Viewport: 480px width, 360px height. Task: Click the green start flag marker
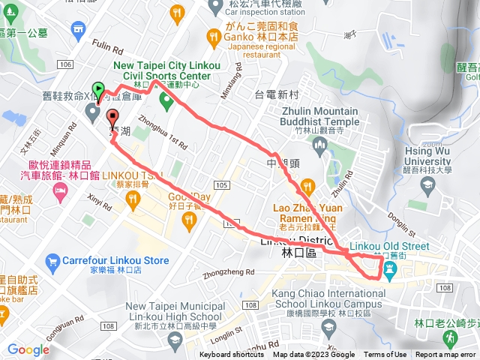pyautogui.click(x=97, y=88)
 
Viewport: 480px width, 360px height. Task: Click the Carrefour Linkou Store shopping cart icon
pyautogui.click(x=52, y=262)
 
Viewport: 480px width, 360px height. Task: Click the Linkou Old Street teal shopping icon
pyautogui.click(x=390, y=270)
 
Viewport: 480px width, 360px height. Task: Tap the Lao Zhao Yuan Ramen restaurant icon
pyautogui.click(x=307, y=186)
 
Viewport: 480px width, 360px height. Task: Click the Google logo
pyautogui.click(x=28, y=349)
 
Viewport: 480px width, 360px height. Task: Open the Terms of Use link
pyautogui.click(x=386, y=355)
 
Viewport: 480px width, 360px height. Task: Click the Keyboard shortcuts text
pyautogui.click(x=232, y=355)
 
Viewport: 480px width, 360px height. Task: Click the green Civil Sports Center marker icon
pyautogui.click(x=165, y=97)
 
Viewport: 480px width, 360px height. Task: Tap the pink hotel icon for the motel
pyautogui.click(x=59, y=193)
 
